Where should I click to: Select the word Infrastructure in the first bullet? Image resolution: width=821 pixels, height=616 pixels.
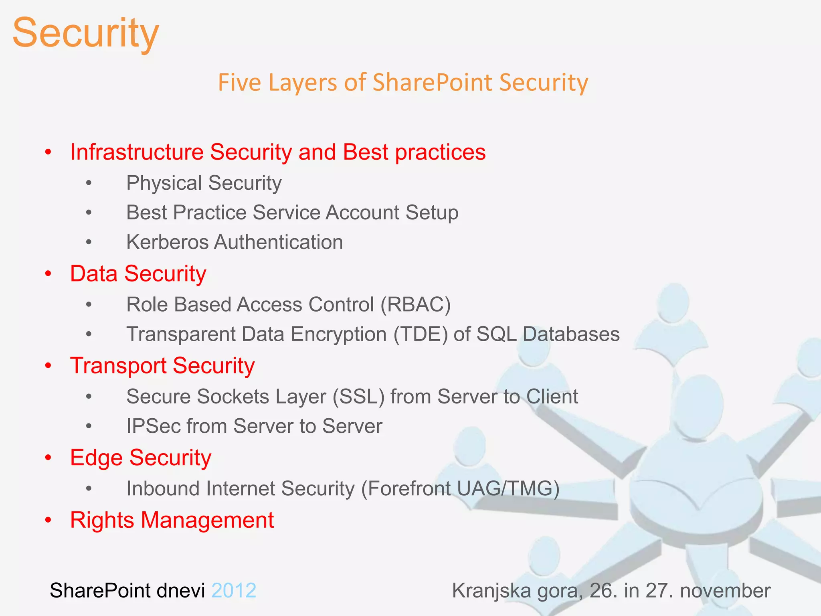pyautogui.click(x=137, y=152)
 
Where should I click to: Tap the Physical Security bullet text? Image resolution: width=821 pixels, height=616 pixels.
pyautogui.click(x=204, y=183)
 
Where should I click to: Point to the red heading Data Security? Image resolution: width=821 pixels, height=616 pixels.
pyautogui.click(x=138, y=274)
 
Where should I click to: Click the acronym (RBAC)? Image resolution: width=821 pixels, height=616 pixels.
pyautogui.click(x=415, y=305)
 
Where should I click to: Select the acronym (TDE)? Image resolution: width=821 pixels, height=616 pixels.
pyautogui.click(x=421, y=334)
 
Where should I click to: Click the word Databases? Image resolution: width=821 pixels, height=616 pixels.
pyautogui.click(x=571, y=334)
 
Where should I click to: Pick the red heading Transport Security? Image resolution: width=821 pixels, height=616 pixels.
pyautogui.click(x=162, y=366)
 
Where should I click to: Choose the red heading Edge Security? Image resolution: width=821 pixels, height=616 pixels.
pyautogui.click(x=140, y=458)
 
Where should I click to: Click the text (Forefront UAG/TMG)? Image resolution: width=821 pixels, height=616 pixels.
pyautogui.click(x=460, y=489)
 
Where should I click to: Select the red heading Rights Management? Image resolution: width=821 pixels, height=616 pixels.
pyautogui.click(x=172, y=520)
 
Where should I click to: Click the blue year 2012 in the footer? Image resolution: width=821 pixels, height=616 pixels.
pyautogui.click(x=234, y=591)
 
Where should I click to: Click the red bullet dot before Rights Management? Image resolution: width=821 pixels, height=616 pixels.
pyautogui.click(x=49, y=521)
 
